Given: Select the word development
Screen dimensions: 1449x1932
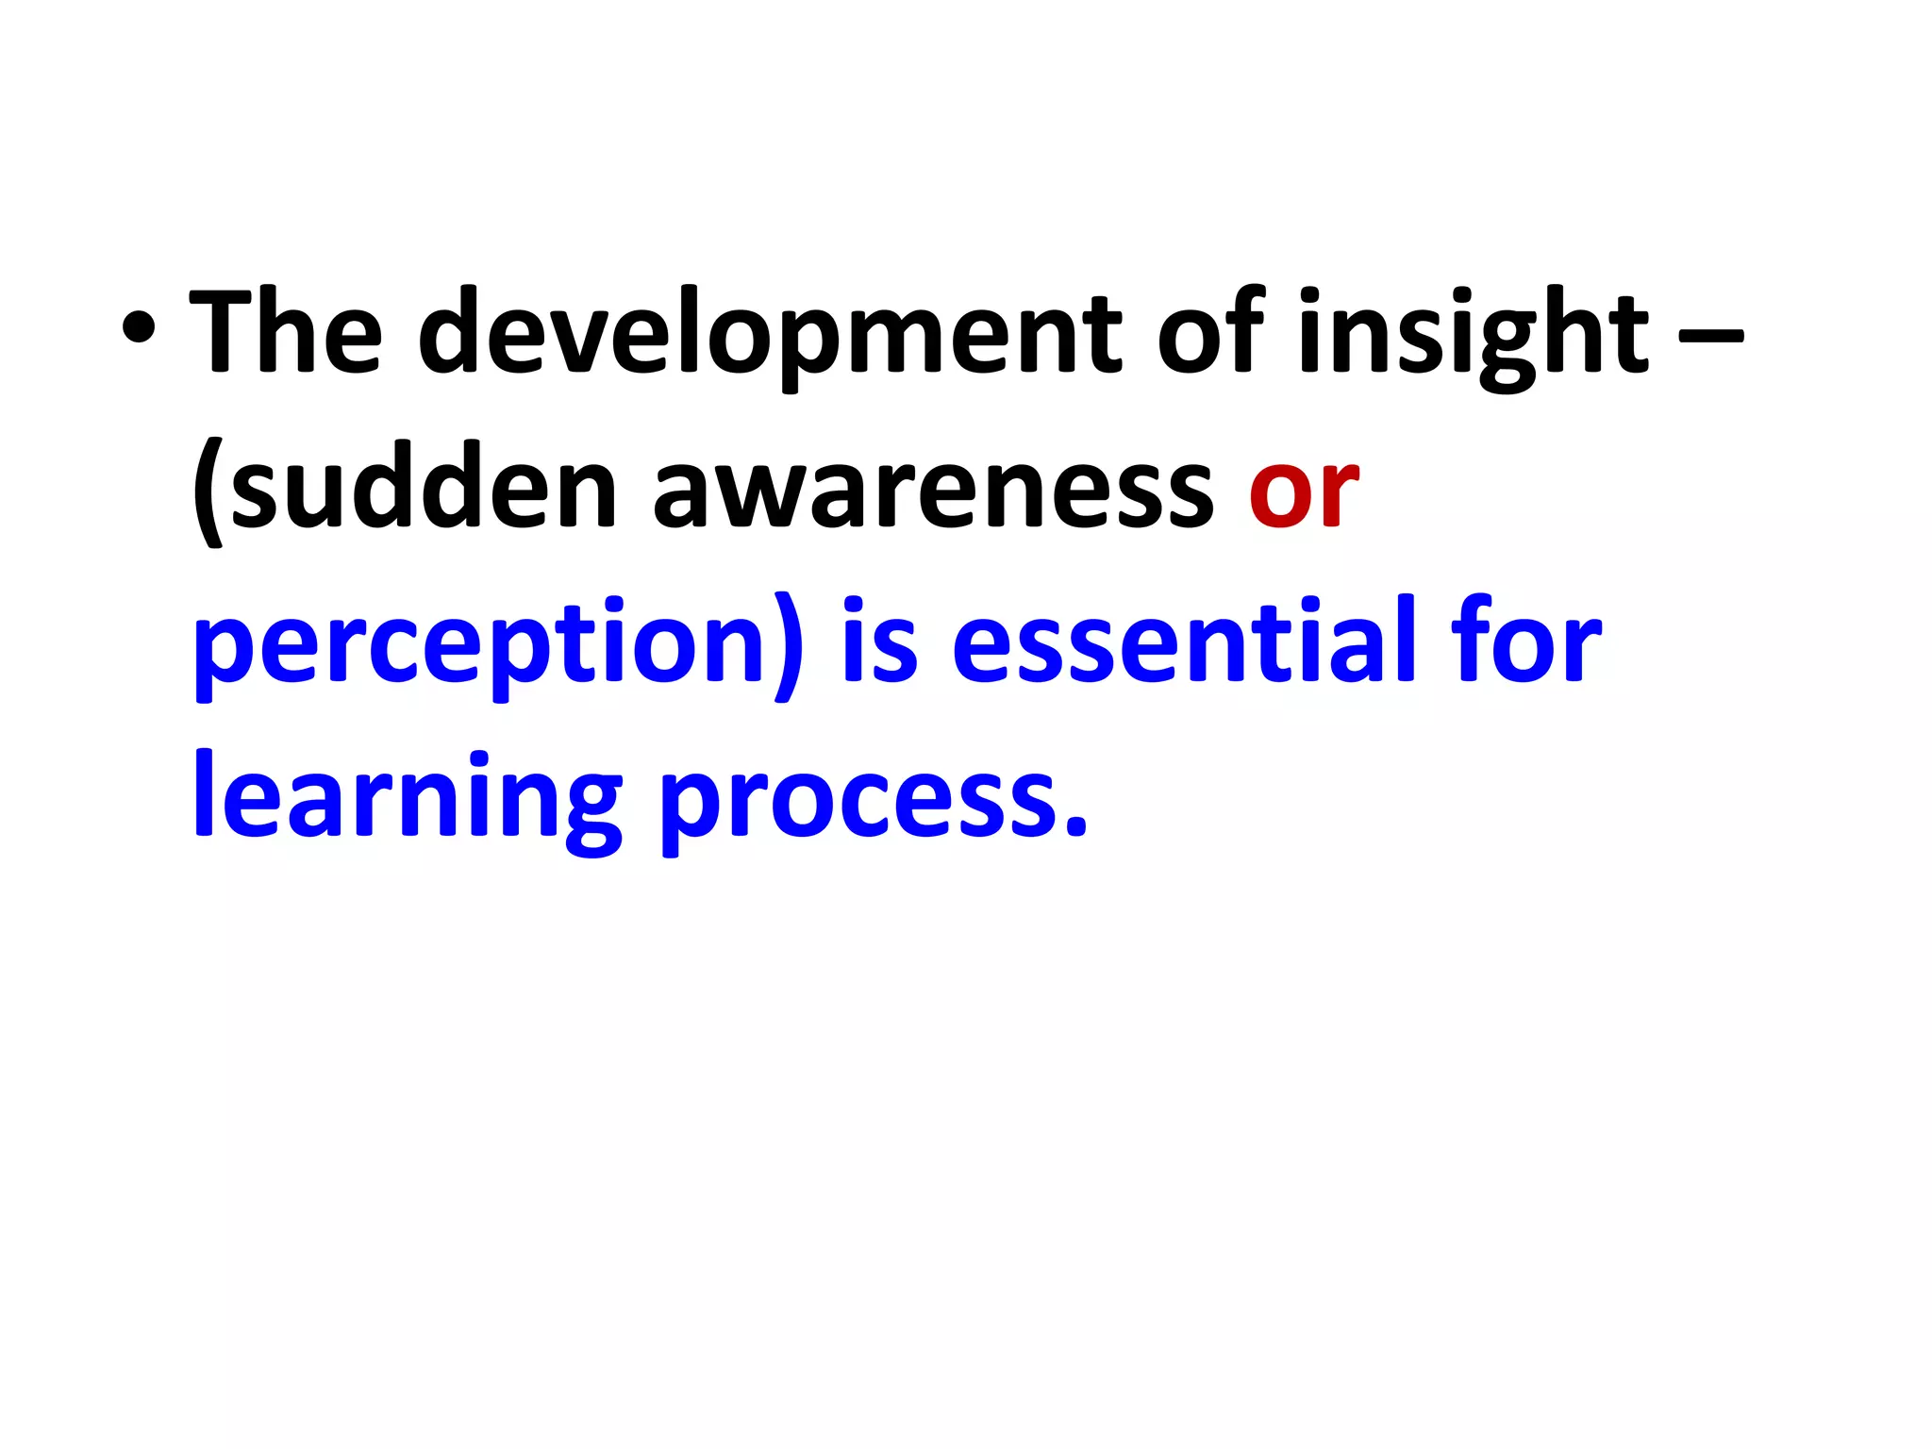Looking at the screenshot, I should click(769, 334).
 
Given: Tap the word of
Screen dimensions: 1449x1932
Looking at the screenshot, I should click(1210, 329).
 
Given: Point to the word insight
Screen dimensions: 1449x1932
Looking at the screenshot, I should click(1473, 334).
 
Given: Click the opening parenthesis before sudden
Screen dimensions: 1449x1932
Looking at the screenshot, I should click(208, 491).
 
